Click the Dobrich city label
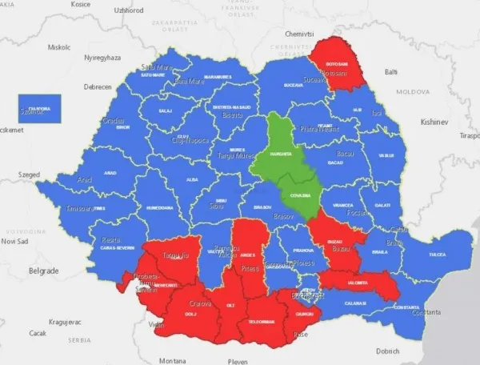[387, 351]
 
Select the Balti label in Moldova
[391, 71]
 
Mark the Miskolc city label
[59, 46]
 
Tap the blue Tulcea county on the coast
[436, 254]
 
